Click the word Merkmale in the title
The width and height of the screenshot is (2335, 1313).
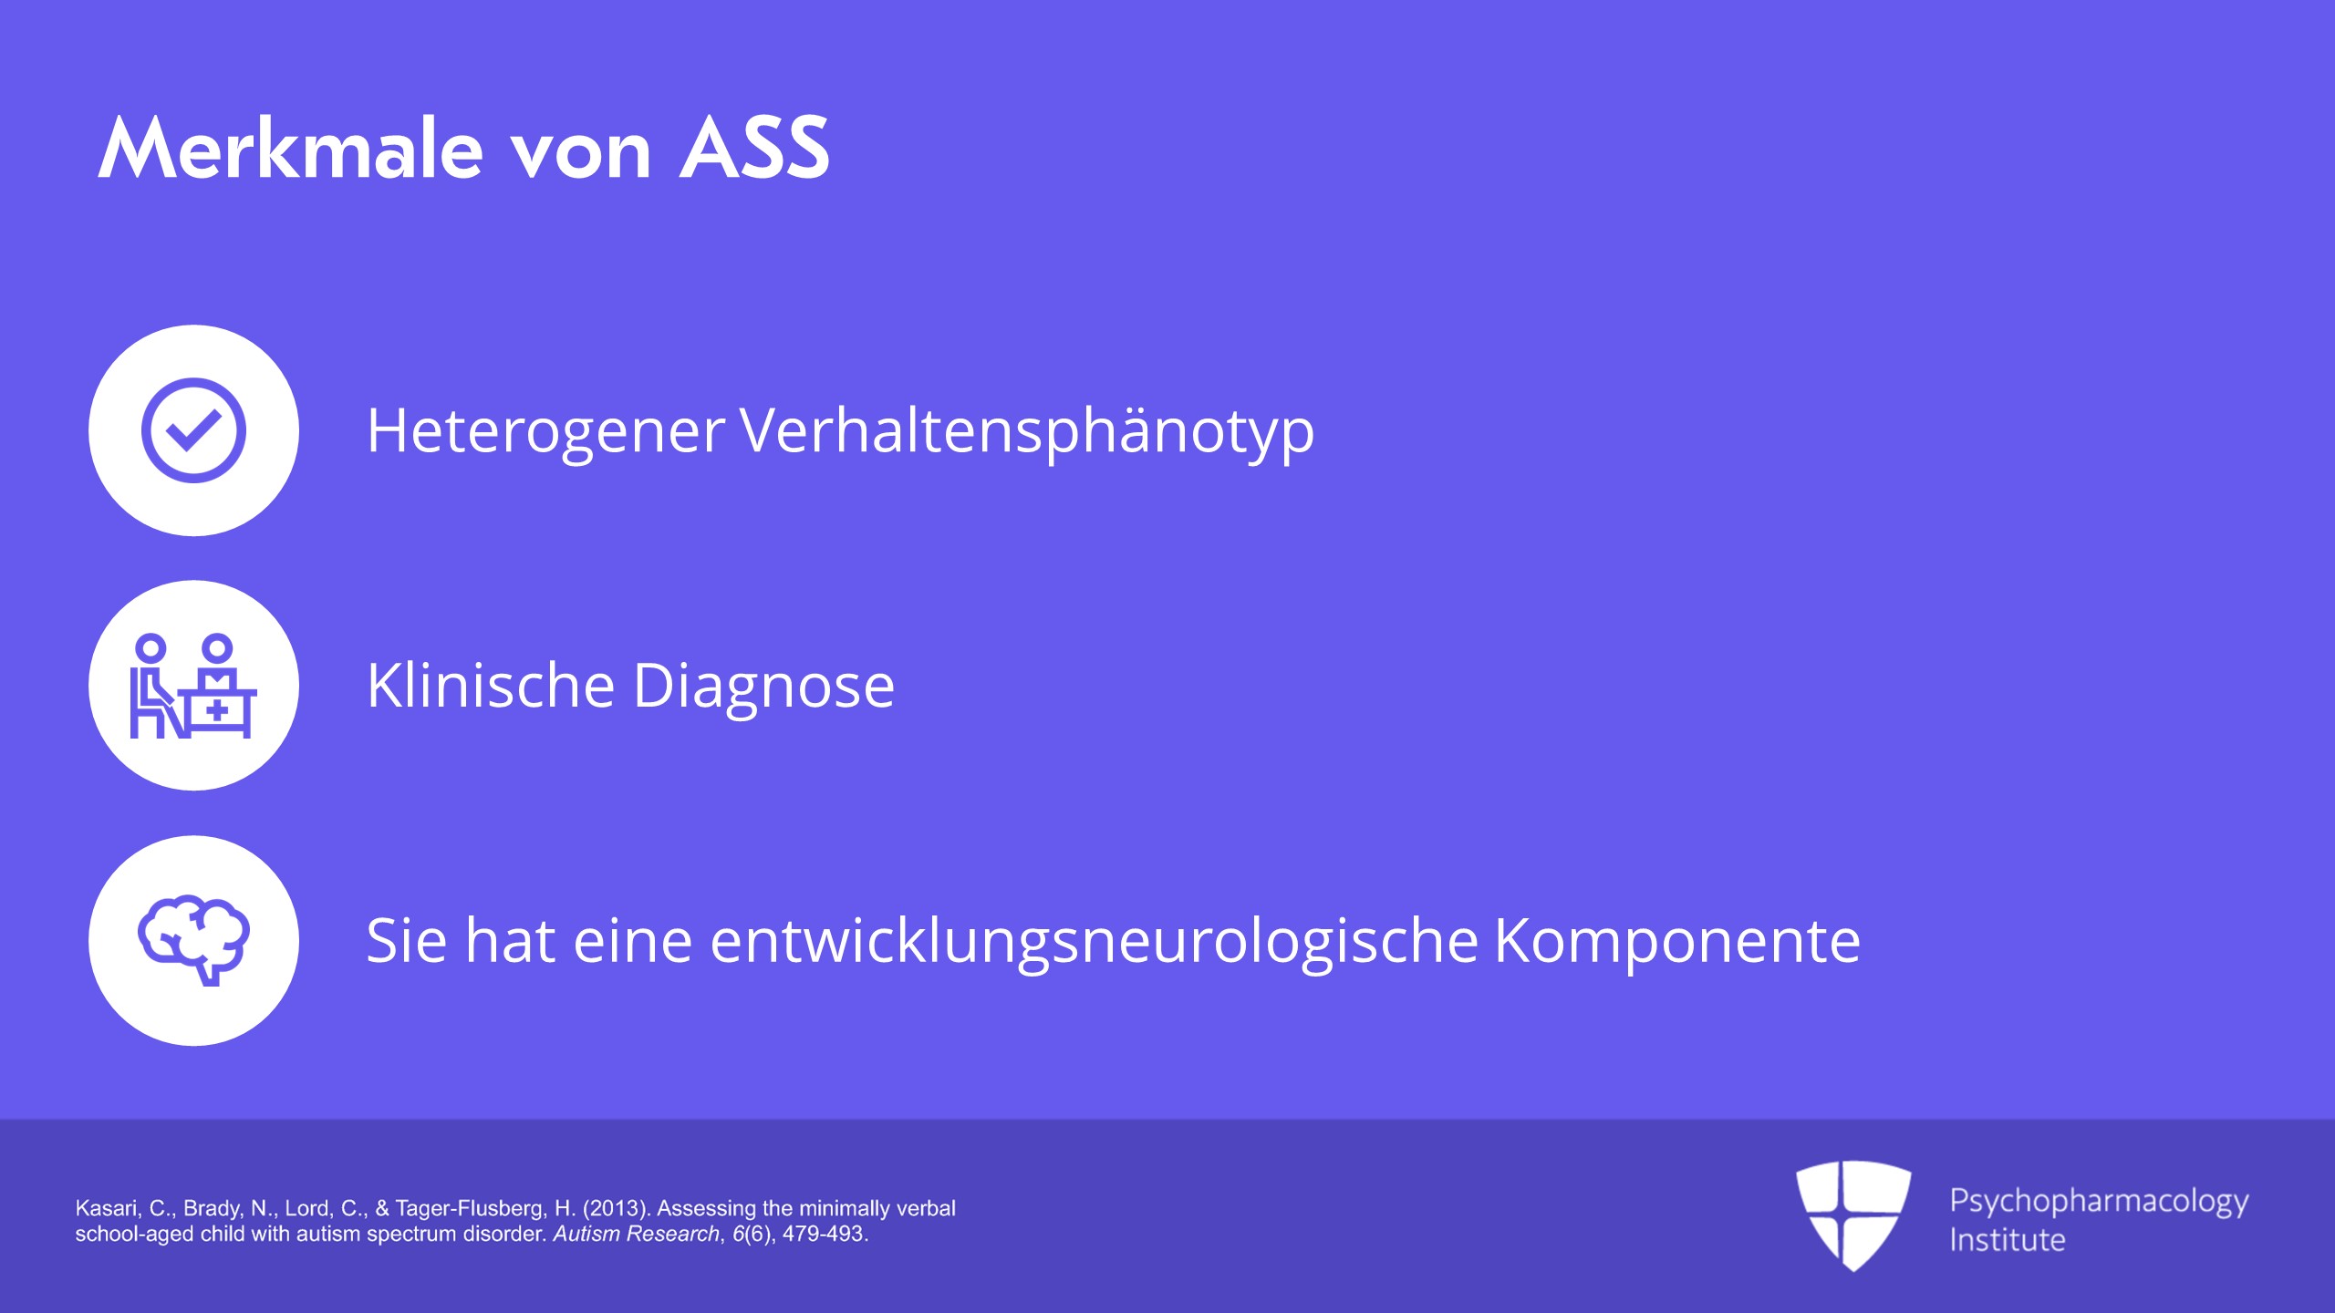click(x=290, y=148)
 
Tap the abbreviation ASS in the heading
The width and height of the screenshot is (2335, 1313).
click(x=755, y=148)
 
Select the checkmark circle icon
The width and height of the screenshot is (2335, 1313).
click(x=193, y=430)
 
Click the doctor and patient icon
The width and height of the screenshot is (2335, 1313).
click(x=193, y=686)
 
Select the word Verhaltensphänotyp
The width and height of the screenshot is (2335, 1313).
click(x=1027, y=431)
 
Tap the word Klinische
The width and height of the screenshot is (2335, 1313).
click(x=491, y=685)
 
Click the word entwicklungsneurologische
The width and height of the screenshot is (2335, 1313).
click(x=1095, y=941)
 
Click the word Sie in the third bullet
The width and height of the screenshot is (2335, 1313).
click(x=407, y=941)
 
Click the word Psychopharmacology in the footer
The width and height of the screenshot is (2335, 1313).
click(x=2099, y=1202)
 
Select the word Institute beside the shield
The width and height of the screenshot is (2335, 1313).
click(x=2007, y=1240)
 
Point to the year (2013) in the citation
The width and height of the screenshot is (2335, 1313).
click(x=617, y=1208)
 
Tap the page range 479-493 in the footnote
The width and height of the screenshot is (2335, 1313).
click(x=825, y=1234)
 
